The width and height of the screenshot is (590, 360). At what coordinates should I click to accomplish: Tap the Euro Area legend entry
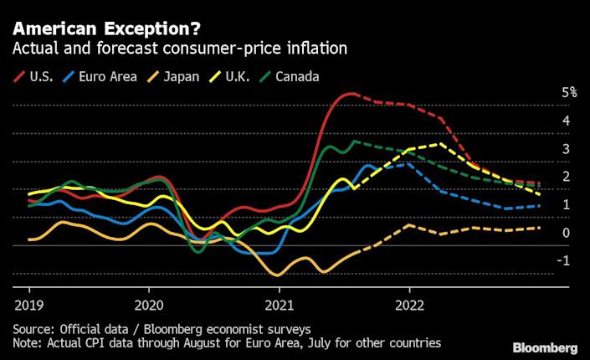coord(107,76)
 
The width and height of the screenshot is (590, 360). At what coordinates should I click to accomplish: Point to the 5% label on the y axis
coord(569,93)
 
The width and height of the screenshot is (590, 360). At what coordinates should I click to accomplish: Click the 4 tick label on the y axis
coord(566,121)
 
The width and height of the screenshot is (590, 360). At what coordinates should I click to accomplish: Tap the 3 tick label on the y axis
coord(566,149)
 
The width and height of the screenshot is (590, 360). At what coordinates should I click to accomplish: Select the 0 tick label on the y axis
coord(566,233)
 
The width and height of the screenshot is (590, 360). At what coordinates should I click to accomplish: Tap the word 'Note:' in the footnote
coord(28,342)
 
